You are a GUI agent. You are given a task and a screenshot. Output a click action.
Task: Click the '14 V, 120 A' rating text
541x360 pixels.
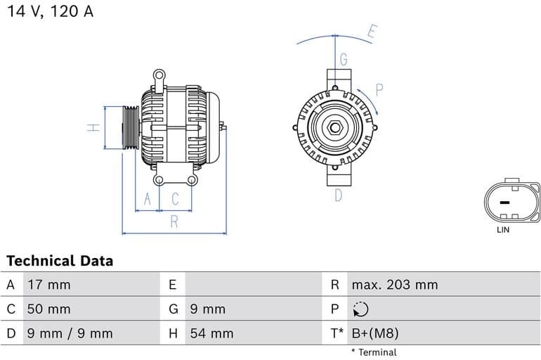tap(50, 11)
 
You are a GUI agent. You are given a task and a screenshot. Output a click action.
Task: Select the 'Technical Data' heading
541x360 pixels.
tap(60, 261)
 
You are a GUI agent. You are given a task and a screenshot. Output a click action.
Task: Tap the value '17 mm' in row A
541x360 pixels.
tap(48, 285)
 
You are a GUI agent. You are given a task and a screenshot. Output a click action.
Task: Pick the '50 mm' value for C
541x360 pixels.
tap(48, 309)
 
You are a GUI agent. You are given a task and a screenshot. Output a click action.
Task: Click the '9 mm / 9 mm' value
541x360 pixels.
tap(70, 333)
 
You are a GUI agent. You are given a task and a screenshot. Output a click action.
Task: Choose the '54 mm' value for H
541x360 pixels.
tap(211, 333)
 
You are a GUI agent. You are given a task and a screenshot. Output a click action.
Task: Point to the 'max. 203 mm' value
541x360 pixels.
tap(394, 285)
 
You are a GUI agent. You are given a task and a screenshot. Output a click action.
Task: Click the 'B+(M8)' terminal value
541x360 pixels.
tap(374, 333)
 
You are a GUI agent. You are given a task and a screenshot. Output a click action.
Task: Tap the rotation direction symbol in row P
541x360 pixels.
tap(361, 309)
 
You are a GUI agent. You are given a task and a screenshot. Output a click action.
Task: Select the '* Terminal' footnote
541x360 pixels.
tap(373, 352)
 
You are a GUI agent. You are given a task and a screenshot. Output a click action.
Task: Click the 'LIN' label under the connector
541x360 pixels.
tap(503, 230)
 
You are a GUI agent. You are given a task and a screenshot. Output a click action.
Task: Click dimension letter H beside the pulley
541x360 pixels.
tap(91, 128)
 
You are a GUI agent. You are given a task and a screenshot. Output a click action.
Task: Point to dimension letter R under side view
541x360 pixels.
tap(174, 221)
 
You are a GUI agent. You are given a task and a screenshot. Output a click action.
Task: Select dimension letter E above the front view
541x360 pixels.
tap(372, 31)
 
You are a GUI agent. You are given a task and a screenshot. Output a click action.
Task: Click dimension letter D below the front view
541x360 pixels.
tap(338, 195)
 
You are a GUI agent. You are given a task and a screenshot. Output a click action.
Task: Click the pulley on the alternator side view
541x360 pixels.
tap(131, 128)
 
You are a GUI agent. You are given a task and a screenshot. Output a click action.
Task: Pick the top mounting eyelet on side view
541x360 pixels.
tap(159, 74)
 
